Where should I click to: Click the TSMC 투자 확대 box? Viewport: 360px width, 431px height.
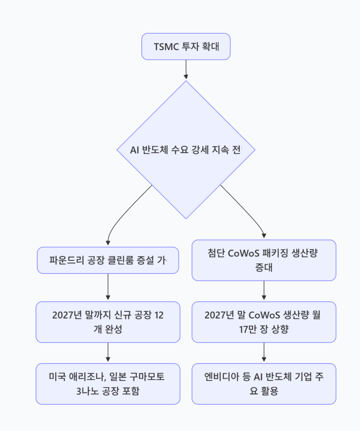[186, 46]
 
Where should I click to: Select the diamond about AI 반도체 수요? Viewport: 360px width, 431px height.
[186, 150]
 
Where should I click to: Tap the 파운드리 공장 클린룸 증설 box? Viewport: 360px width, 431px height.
[108, 261]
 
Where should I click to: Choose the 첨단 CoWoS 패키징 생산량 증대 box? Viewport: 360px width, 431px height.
[264, 260]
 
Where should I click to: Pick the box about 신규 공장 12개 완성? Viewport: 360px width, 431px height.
[108, 322]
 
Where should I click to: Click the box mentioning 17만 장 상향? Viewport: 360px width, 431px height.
[264, 322]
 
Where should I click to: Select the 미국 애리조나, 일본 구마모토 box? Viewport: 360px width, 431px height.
[108, 383]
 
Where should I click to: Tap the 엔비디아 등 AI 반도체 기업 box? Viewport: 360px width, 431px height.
[264, 383]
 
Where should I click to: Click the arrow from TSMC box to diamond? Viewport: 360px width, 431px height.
[186, 69]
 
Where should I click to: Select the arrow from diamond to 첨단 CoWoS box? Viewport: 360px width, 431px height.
[248, 210]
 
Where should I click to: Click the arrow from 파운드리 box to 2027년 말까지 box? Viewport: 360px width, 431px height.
[108, 287]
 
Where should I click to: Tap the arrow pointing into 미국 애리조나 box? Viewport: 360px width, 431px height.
[108, 353]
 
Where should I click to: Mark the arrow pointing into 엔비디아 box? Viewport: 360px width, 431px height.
[264, 353]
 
